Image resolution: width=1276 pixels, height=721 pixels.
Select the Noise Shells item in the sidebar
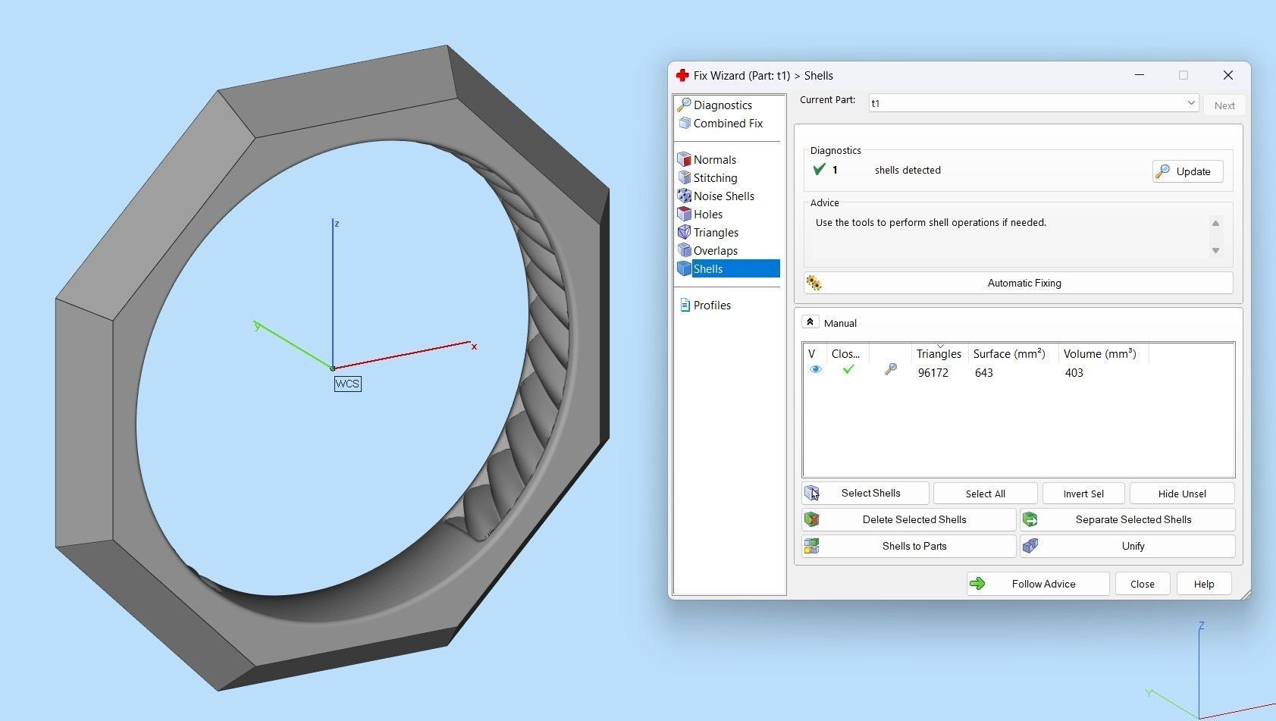click(723, 196)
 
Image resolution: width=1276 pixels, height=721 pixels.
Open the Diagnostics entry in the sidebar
click(722, 105)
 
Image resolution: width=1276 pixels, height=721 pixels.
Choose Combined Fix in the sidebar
click(727, 124)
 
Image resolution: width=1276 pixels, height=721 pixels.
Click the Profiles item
click(711, 306)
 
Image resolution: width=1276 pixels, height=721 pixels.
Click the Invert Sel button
click(1083, 494)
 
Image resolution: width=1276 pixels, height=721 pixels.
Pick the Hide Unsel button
click(1181, 494)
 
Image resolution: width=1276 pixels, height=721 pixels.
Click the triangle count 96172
click(933, 373)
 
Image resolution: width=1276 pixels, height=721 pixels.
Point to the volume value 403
click(1074, 373)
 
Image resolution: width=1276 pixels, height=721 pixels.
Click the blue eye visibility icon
click(815, 370)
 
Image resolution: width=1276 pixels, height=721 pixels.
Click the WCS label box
click(347, 384)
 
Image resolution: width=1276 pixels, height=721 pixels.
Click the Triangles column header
click(938, 354)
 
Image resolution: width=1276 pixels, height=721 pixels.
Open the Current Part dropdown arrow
click(1190, 103)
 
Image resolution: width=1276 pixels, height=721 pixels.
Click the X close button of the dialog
click(1227, 75)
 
